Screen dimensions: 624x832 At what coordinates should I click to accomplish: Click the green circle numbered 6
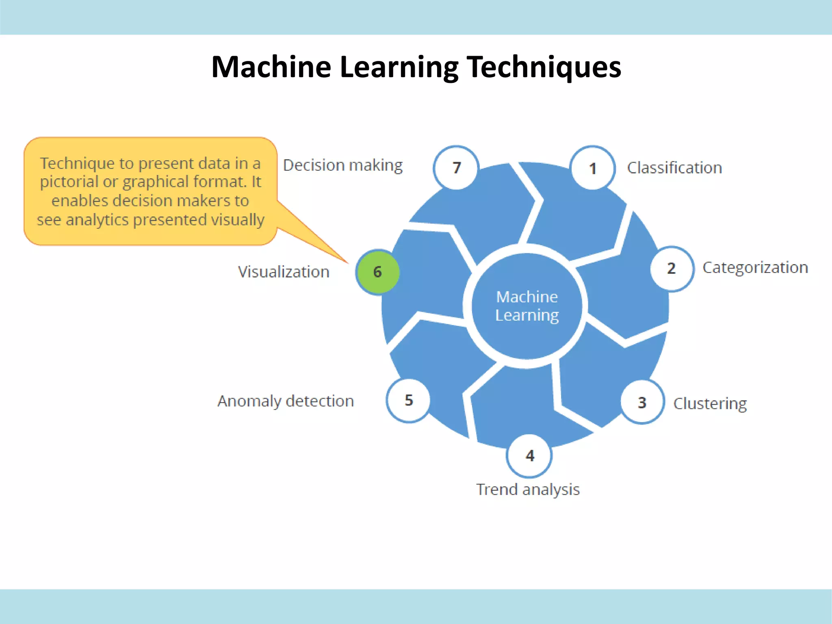pos(377,272)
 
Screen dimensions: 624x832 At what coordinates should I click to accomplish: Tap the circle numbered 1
pos(593,168)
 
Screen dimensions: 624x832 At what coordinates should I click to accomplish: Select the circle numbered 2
pos(672,269)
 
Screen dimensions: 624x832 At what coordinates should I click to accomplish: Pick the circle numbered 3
pos(642,402)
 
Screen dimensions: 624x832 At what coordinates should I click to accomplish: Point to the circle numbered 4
pos(529,455)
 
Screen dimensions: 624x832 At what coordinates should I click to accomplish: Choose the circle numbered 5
pos(408,401)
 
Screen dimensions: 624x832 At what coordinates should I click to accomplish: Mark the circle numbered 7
pos(456,167)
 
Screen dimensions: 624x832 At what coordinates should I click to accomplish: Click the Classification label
pos(674,168)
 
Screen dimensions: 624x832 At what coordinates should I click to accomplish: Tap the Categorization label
pos(755,268)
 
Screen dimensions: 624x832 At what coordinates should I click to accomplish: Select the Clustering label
pos(710,403)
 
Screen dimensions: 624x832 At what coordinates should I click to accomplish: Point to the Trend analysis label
pos(528,490)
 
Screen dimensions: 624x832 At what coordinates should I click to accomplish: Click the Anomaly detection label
pos(286,401)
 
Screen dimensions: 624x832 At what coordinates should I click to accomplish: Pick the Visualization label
pos(284,272)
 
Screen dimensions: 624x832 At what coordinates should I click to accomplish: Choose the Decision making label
pos(342,165)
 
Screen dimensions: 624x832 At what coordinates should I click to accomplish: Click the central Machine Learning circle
pos(527,306)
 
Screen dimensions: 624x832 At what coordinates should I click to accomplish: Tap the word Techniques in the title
pos(544,67)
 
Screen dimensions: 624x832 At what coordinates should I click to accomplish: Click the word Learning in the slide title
pos(399,67)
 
